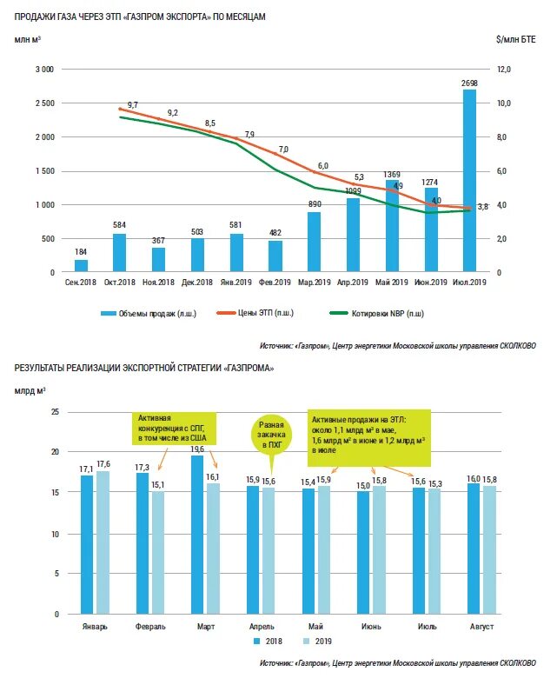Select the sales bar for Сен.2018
81,266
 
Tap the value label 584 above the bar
120,225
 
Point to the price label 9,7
132,104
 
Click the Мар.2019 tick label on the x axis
314,283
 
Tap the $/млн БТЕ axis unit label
516,40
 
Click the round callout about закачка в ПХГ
271,435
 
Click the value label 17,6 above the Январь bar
103,463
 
